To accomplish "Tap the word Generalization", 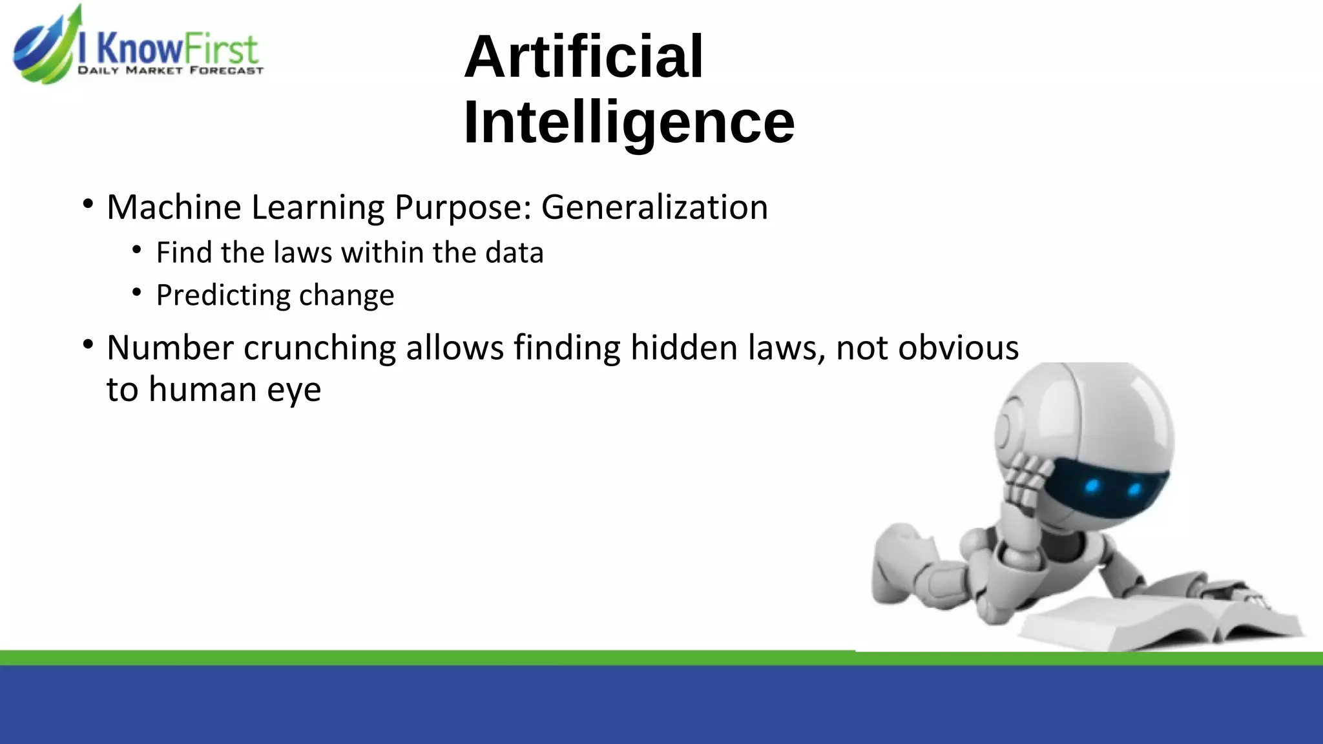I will click(x=654, y=207).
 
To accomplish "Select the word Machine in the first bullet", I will click(x=174, y=207).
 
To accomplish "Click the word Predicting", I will click(x=222, y=296).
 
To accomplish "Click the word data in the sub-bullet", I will click(x=514, y=253).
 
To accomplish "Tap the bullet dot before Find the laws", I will click(x=136, y=251).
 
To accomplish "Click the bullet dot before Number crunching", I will click(x=88, y=344).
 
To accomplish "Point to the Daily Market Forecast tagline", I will click(x=171, y=70).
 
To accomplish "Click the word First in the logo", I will click(x=220, y=49).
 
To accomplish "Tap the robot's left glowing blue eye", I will click(x=1092, y=486).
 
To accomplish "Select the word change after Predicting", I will click(x=346, y=296).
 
